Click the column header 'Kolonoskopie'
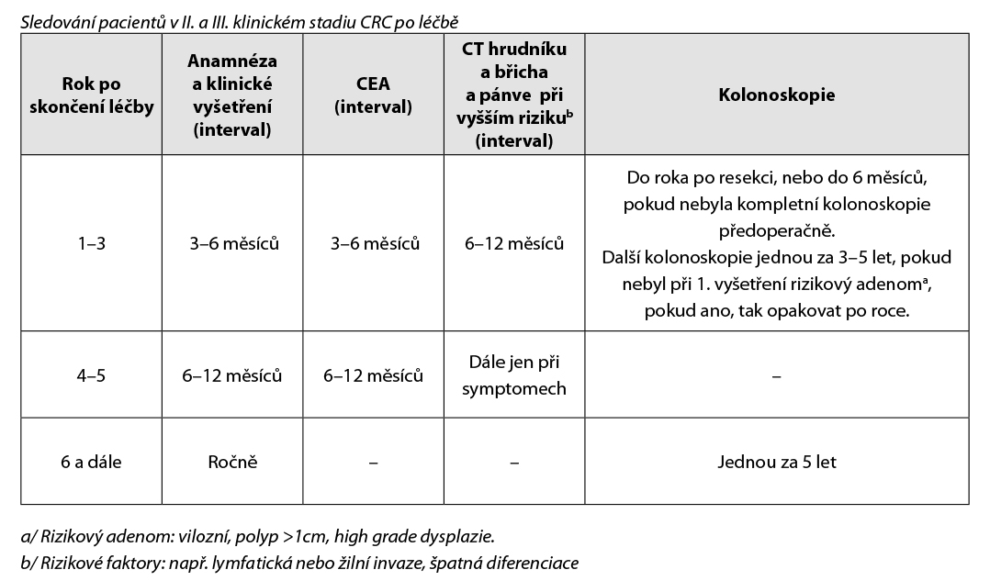point(776,95)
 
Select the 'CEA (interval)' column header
point(373,95)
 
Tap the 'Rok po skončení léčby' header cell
point(90,95)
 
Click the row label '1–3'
point(90,243)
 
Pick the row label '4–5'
point(90,375)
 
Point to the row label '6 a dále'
point(90,462)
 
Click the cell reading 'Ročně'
point(231,462)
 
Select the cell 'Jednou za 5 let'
point(776,462)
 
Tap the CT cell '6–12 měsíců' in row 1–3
point(514,243)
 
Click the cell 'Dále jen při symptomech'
point(514,375)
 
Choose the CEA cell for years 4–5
point(373,375)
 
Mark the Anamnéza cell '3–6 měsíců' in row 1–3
point(231,243)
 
